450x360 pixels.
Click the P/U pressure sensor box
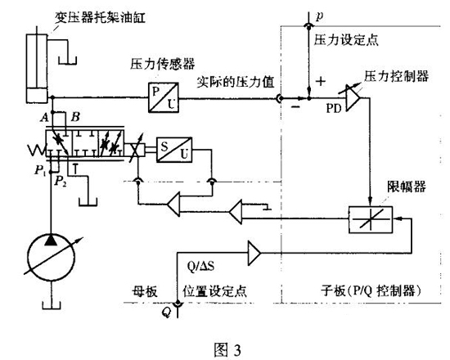pos(164,97)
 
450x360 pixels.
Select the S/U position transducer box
pos(174,150)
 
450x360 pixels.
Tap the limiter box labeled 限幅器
pos(371,219)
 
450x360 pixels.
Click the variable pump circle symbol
pos(51,256)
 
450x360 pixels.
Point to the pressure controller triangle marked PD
pos(353,97)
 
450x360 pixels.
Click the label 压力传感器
pos(163,64)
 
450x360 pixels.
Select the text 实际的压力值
pos(236,82)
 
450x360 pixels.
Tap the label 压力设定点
pos(346,39)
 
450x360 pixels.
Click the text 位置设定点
pos(215,291)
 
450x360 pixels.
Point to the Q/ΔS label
pos(200,267)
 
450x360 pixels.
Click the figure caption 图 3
pos(227,349)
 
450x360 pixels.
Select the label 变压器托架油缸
pos(100,18)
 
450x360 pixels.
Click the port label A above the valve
pos(44,118)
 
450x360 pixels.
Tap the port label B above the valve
pos(75,117)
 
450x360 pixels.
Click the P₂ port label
pos(61,181)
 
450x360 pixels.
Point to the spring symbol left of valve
pos(37,150)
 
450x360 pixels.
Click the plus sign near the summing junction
pos(321,81)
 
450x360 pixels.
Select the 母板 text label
pos(145,291)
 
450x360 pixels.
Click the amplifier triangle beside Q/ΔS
pos(254,253)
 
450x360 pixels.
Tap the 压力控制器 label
pos(397,76)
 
